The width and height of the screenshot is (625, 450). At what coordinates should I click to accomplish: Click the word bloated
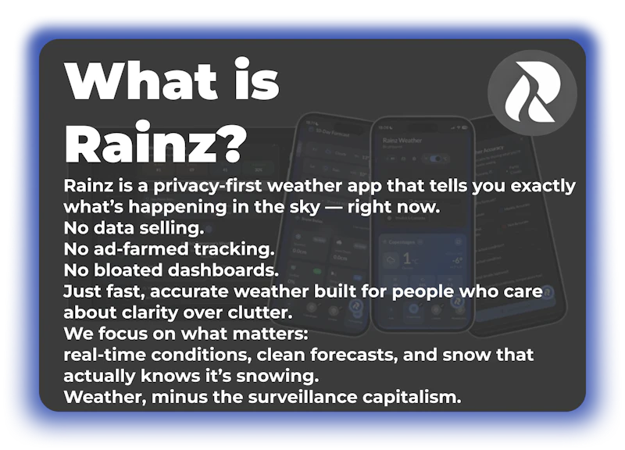click(128, 272)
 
